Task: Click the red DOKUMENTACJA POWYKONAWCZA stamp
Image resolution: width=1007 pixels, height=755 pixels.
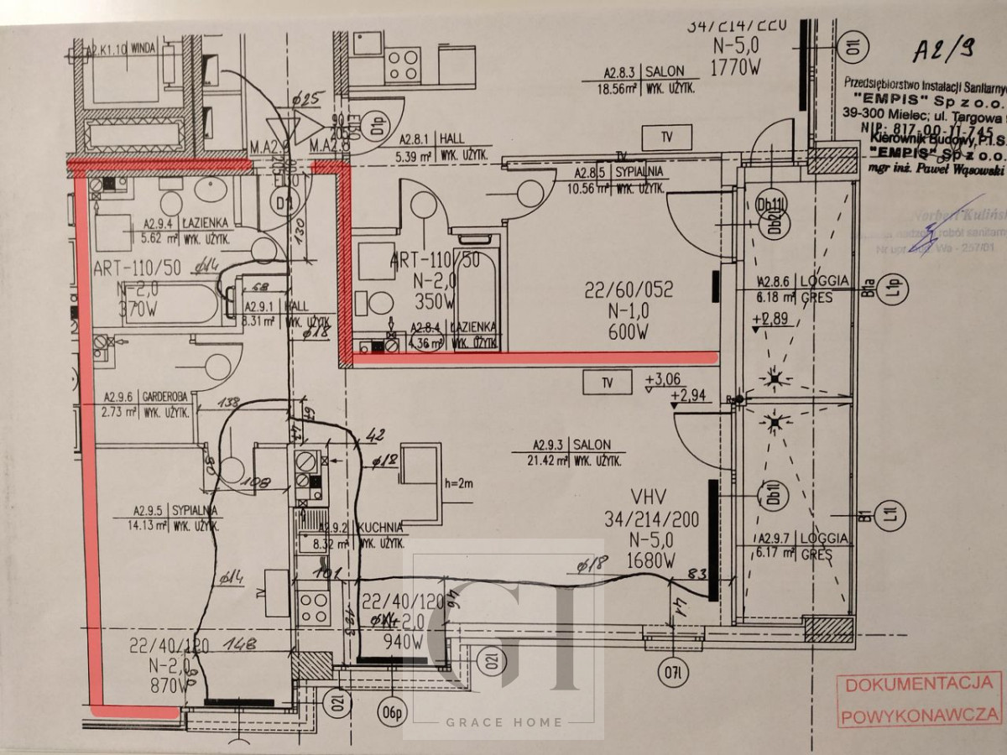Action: pyautogui.click(x=921, y=700)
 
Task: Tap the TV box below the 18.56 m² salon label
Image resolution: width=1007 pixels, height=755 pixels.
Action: pyautogui.click(x=666, y=137)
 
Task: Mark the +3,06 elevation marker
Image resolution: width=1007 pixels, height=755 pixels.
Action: pyautogui.click(x=663, y=381)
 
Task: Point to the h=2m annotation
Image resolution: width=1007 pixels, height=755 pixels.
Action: pyautogui.click(x=459, y=483)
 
